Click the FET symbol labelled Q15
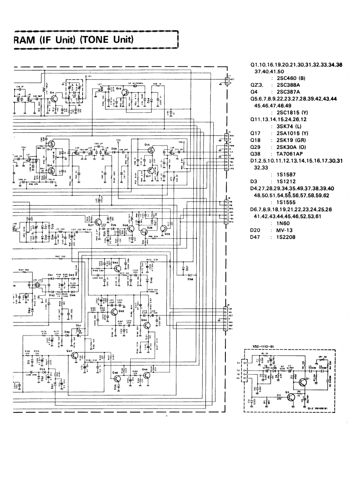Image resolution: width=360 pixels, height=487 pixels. point(150,150)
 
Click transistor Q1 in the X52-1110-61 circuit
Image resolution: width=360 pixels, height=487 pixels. point(302,382)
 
